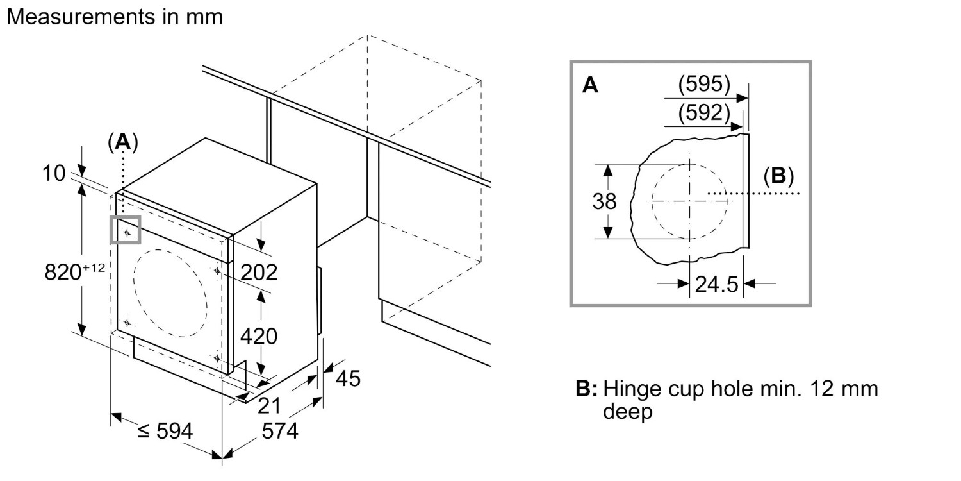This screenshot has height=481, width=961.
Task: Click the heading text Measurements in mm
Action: (115, 17)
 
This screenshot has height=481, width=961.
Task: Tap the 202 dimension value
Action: (259, 272)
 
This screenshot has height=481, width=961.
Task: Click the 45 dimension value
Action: (348, 379)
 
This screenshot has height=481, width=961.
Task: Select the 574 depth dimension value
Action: (279, 432)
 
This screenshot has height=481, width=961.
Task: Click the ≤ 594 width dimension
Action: (165, 432)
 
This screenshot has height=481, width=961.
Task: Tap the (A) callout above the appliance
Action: (122, 142)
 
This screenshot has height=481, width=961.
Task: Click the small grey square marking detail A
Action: (126, 230)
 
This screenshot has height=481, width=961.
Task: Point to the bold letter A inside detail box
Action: (591, 85)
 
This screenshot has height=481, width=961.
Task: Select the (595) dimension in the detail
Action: (703, 84)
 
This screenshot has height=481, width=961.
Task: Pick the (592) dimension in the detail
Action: (703, 114)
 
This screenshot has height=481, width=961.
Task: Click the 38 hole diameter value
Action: (604, 201)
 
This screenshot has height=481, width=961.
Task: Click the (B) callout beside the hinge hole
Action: (778, 176)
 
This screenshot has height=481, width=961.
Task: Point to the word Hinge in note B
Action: (632, 389)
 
